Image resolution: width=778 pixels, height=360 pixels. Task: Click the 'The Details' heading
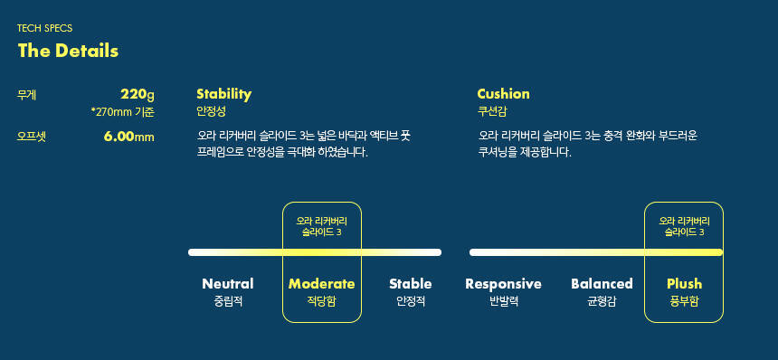68,51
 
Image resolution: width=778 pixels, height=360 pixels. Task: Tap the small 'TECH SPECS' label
44,28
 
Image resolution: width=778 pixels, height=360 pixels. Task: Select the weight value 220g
138,94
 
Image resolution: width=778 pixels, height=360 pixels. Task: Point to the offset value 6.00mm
129,137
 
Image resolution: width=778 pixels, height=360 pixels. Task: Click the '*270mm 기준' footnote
123,112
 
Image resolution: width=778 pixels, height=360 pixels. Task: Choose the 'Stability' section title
223,94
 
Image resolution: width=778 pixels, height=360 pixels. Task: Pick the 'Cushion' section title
503,94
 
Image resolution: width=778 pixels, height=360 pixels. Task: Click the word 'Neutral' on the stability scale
228,284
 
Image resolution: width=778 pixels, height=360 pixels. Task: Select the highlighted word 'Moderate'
321,284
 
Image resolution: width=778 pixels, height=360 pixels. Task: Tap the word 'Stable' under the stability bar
411,284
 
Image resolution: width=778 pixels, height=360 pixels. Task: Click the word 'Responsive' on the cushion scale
503,284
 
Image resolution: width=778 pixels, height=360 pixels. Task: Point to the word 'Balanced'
602,284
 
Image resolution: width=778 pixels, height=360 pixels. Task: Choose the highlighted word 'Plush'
684,284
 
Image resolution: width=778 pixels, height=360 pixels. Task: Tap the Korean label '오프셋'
32,137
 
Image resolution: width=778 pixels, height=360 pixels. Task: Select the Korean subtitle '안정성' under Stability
211,111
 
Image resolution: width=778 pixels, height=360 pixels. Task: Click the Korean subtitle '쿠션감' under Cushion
492,111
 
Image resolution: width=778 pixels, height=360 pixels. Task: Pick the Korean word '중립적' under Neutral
228,301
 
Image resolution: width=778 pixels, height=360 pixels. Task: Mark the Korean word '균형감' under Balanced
602,301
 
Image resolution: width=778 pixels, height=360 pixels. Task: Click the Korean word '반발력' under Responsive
504,301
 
